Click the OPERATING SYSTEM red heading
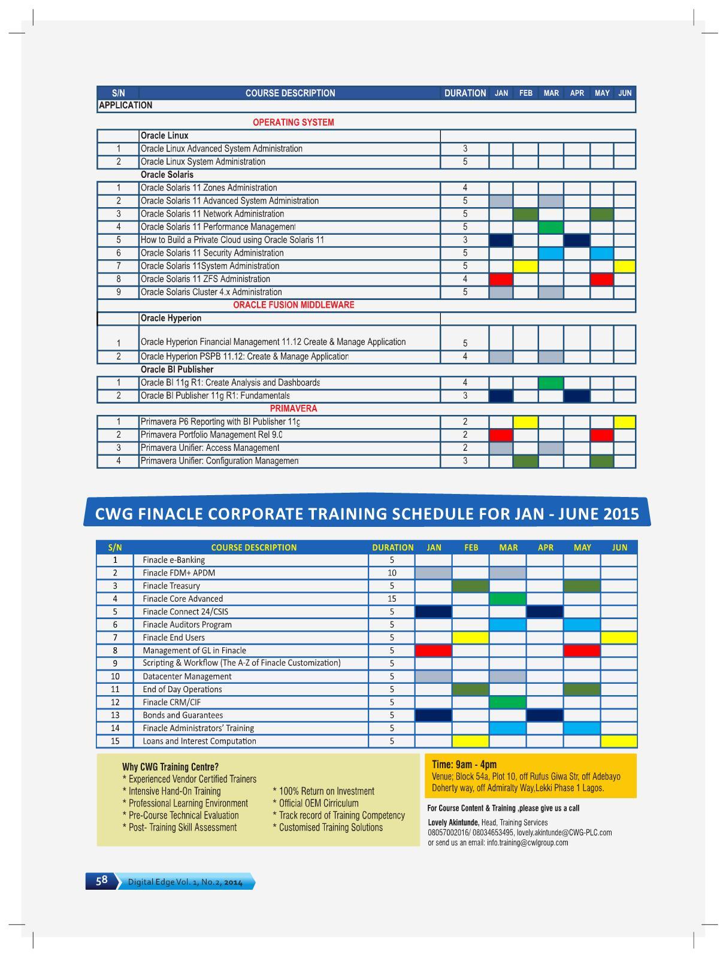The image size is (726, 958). pos(293,122)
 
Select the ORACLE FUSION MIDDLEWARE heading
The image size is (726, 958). pos(294,305)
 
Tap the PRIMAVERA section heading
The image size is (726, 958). pos(294,408)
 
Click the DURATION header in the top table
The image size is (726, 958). pos(465,93)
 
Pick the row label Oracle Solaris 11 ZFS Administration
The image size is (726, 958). pos(205,279)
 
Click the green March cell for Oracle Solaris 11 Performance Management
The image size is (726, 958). pos(550,227)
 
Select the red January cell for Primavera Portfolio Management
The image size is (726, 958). pos(501,435)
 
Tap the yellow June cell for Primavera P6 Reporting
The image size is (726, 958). pos(624,422)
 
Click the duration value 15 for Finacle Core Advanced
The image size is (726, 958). pos(392,599)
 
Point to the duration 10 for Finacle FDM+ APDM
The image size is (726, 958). pos(392,573)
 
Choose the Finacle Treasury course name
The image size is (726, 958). pos(171,586)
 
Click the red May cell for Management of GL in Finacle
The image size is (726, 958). pos(582,650)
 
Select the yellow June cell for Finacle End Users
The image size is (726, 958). pos(619,638)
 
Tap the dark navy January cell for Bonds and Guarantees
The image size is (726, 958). pos(433,715)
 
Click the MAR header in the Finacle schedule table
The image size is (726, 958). pos(508,547)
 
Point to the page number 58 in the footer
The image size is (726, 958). pos(101,880)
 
